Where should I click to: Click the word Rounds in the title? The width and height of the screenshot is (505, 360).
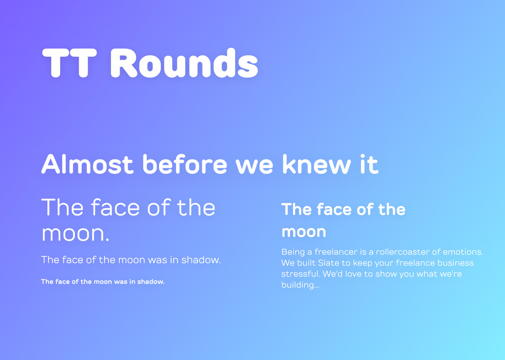(x=184, y=63)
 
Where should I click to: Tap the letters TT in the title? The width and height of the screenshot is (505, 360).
(x=69, y=63)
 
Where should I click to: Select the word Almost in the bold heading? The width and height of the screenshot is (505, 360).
(x=87, y=164)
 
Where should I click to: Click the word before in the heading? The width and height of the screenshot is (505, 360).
(x=185, y=164)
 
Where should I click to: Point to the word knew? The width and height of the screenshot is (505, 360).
(x=317, y=164)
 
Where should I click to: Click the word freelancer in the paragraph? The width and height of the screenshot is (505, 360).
(x=336, y=252)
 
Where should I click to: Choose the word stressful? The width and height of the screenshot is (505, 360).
(x=300, y=274)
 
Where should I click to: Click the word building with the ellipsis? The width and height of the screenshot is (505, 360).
(x=300, y=285)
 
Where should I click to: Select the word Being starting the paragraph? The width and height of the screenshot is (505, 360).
(x=293, y=252)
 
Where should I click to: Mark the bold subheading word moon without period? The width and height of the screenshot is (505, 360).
(x=304, y=232)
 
